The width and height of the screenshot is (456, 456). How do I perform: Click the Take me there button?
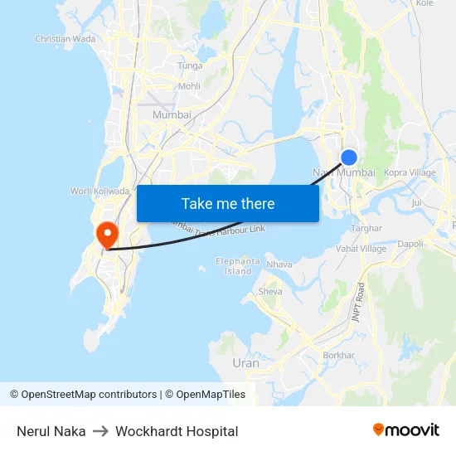[x=228, y=203]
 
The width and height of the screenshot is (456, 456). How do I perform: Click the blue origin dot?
[x=349, y=157]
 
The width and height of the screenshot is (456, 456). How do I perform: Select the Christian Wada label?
[x=65, y=39]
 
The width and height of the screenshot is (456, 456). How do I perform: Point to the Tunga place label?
[x=190, y=65]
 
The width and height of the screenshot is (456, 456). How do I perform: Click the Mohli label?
[x=189, y=85]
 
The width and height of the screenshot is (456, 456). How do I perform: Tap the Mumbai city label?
[x=172, y=114]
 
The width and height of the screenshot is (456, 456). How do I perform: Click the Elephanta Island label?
[x=238, y=266]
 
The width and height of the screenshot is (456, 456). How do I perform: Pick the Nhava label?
[x=279, y=265]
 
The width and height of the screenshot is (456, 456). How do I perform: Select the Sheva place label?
[x=271, y=292]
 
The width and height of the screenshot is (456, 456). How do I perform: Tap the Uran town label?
[x=245, y=363]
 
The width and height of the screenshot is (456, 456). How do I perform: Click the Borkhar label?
[x=338, y=355]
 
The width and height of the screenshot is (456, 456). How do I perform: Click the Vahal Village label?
[x=361, y=249]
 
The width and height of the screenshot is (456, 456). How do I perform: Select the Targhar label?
[x=366, y=228]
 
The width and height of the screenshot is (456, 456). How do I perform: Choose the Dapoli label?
[x=410, y=244]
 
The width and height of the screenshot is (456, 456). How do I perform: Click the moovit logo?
[x=406, y=430]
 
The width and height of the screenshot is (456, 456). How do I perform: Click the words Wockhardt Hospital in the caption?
[x=177, y=431]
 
